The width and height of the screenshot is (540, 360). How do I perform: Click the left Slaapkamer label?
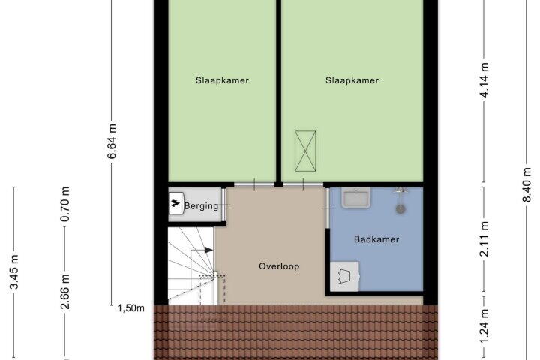pos(222,80)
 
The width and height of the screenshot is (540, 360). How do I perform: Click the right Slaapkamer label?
pos(352,80)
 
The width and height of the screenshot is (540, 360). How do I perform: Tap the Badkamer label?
pos(376,239)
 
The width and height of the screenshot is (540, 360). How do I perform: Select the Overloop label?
pos(279,266)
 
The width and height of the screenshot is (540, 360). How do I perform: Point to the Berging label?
pos(202,206)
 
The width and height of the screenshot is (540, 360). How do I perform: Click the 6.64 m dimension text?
pos(112,141)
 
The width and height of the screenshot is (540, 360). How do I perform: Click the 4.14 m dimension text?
pos(484,80)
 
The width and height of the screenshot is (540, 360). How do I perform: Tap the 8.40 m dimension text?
pos(526,184)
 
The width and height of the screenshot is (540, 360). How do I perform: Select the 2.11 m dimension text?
pos(484,238)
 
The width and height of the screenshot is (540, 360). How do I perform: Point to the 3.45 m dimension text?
pos(14,271)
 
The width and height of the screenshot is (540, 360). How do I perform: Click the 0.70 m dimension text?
pos(64,204)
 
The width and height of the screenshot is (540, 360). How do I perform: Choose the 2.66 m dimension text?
pos(64,292)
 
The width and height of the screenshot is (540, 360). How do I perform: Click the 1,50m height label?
pos(130,308)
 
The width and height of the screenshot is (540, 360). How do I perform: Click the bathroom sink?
pos(356,198)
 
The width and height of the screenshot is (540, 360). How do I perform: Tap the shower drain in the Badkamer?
pos(400,208)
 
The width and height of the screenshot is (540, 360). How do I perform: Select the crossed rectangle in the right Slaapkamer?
pos(305,151)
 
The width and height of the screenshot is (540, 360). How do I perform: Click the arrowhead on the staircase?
pos(208,250)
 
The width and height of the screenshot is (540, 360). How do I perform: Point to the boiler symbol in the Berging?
pos(176,203)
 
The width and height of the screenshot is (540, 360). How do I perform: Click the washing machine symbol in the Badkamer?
pos(345,276)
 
